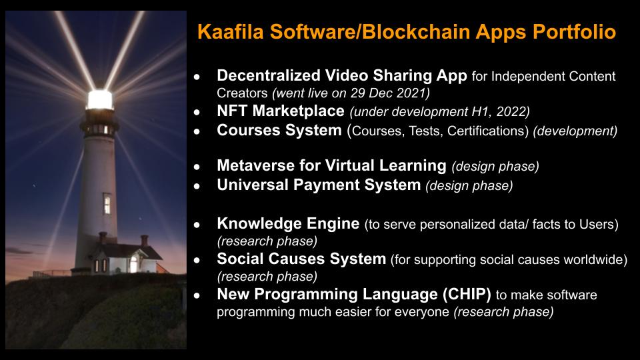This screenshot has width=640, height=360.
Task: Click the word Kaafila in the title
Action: [231, 32]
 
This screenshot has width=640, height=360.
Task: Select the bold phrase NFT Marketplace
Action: [281, 111]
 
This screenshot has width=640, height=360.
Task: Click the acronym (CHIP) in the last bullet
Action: [467, 294]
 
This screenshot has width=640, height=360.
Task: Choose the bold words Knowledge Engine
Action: [288, 224]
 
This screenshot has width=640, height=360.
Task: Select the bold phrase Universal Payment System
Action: [319, 185]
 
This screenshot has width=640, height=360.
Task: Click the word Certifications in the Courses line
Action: [486, 131]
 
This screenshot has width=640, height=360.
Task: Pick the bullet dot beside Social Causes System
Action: [197, 260]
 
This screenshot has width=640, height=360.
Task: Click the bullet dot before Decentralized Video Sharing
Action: [197, 76]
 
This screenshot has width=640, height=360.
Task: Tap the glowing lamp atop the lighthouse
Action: [99, 99]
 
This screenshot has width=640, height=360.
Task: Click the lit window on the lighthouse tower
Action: [107, 204]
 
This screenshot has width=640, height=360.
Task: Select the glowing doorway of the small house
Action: [133, 265]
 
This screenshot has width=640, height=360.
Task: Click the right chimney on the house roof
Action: [145, 241]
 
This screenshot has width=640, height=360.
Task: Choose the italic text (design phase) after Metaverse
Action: [495, 167]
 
